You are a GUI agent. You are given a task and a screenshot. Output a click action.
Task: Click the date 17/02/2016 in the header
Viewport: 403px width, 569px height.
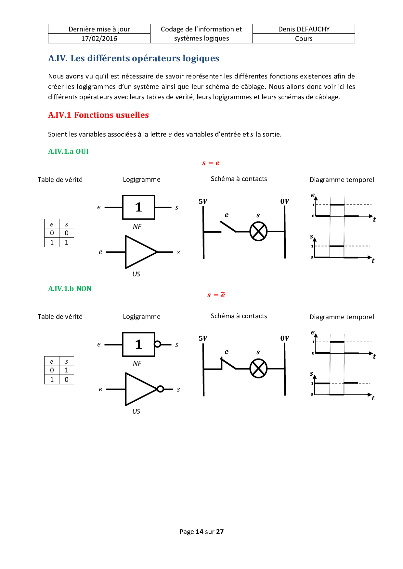99,39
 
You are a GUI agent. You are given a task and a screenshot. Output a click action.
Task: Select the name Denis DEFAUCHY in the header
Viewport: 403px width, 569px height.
304,29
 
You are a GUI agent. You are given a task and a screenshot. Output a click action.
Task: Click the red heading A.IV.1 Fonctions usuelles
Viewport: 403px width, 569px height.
98,115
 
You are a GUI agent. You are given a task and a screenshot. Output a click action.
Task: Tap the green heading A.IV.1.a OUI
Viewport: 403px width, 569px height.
68,151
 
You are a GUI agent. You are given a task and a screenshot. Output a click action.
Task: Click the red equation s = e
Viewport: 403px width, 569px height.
211,163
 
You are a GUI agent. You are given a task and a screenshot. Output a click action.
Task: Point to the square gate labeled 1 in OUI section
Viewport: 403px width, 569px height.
138,207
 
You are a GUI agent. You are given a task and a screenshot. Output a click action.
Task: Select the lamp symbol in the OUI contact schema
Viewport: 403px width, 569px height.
258,232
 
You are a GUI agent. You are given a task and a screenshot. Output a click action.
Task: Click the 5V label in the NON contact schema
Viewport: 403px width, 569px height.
203,338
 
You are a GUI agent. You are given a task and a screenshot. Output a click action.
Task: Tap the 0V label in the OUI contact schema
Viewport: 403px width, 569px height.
285,201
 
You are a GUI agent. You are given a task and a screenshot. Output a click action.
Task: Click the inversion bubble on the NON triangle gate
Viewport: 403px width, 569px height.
160,389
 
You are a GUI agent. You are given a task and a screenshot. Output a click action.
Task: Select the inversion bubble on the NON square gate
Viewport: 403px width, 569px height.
158,344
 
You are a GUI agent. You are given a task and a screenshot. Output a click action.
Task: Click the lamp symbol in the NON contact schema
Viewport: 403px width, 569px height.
258,369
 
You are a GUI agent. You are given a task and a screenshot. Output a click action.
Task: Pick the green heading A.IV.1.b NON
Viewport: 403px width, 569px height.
70,289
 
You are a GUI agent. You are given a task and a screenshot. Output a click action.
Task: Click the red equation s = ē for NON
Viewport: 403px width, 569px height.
216,295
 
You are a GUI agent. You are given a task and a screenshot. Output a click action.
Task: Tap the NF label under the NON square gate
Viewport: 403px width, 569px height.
137,364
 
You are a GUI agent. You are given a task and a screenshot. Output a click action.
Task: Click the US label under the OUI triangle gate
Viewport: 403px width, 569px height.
136,274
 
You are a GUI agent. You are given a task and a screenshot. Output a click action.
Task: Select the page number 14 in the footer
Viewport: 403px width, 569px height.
199,532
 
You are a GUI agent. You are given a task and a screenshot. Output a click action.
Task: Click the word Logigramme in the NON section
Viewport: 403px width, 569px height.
141,317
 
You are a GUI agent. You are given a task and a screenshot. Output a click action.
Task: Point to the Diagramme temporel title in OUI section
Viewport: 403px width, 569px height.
342,180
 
